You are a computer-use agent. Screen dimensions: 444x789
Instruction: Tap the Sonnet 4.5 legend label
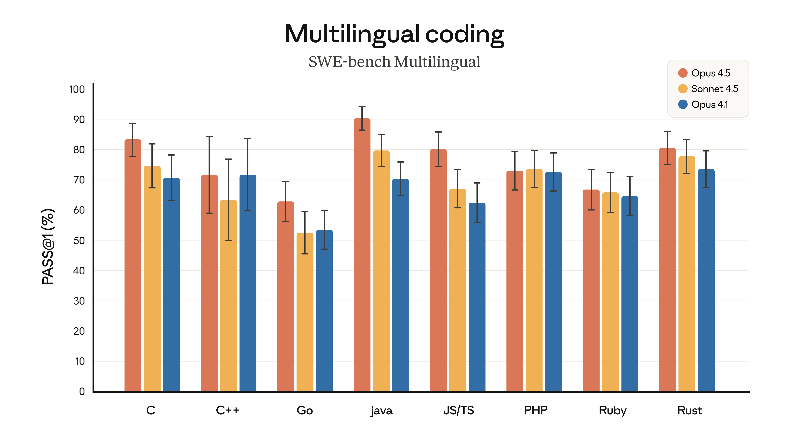tap(715, 89)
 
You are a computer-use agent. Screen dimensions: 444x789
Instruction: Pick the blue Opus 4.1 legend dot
tap(683, 104)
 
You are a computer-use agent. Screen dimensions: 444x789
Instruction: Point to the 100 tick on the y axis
tap(77, 89)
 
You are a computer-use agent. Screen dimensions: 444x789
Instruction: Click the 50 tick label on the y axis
tap(79, 240)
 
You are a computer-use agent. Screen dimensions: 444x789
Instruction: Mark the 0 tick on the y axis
tap(82, 391)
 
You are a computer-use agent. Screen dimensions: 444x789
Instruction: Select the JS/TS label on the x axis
tap(459, 410)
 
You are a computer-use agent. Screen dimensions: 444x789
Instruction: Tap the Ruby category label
tap(613, 410)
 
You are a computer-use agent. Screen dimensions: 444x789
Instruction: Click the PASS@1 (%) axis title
tap(48, 247)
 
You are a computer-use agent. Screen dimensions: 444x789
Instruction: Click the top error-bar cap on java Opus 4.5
tap(362, 107)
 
